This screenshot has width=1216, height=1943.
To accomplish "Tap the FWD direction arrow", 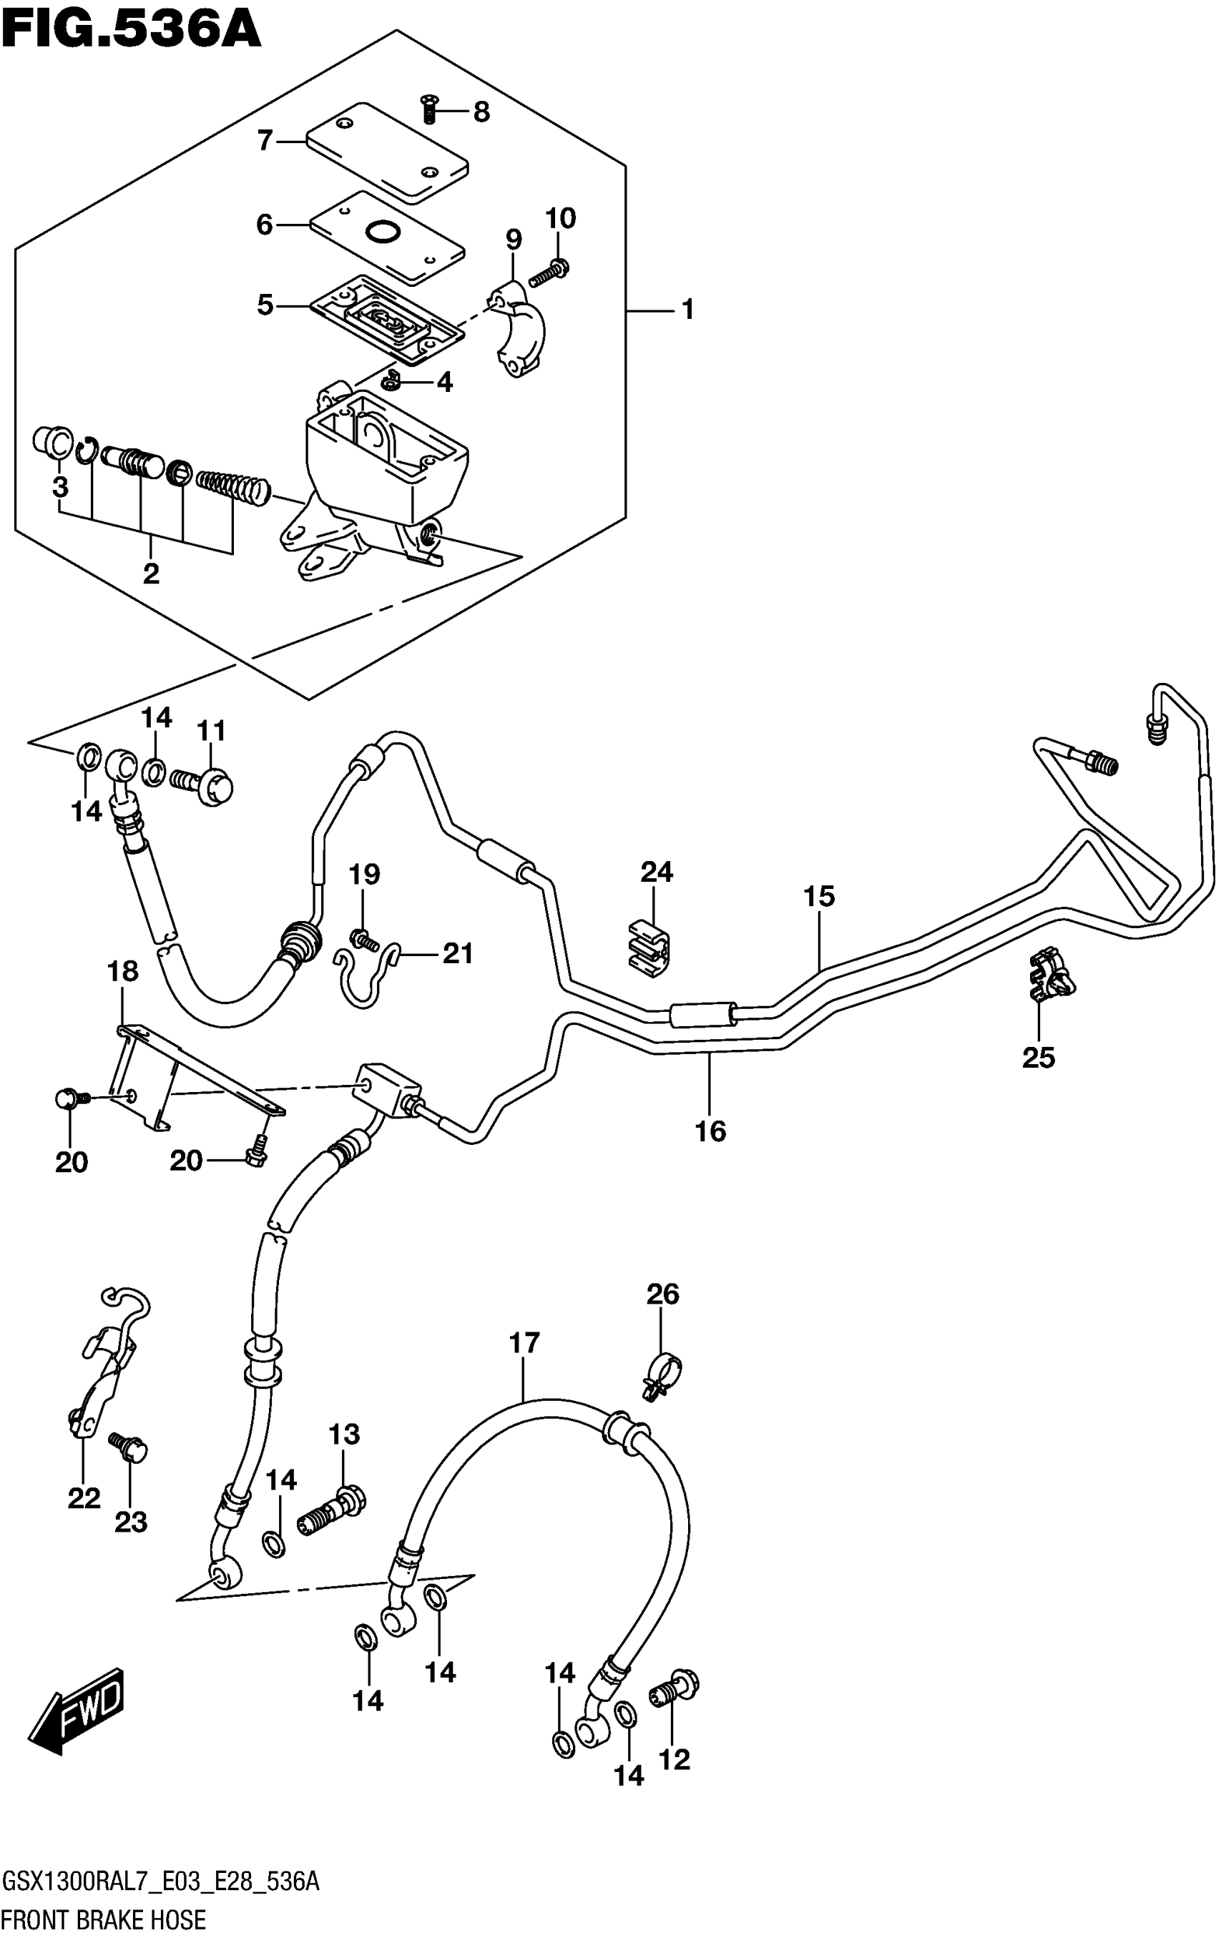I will (x=77, y=1711).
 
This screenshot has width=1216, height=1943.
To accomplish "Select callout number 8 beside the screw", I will (x=481, y=112).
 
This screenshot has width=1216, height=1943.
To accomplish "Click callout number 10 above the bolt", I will (x=561, y=218).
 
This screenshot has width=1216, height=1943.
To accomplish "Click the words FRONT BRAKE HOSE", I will (x=104, y=1921).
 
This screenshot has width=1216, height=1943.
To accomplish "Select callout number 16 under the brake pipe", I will (x=710, y=1131).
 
